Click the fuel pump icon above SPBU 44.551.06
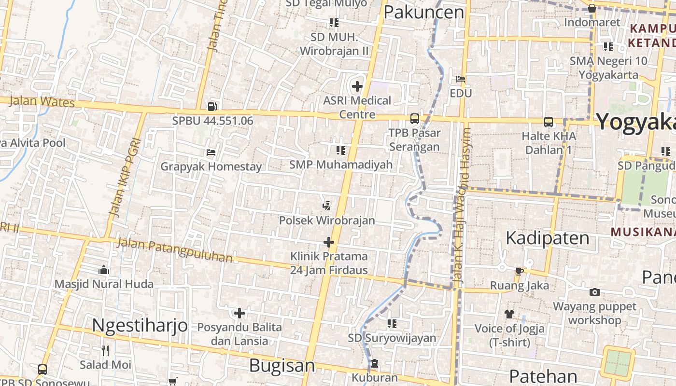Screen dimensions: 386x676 coord(212,107)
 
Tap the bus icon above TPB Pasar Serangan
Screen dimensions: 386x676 coord(414,119)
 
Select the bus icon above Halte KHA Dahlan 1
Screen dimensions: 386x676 coord(549,122)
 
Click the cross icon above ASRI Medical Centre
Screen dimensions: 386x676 coord(357,87)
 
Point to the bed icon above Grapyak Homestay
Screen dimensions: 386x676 coord(211,152)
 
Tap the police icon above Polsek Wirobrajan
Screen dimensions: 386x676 coord(327,206)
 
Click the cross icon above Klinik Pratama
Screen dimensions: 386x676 coord(329,242)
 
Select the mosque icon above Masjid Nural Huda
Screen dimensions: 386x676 coord(104,270)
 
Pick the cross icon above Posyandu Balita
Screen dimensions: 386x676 coord(239,313)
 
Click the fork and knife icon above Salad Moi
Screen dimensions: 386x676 coord(105,350)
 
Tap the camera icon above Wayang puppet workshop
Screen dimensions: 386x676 coord(595,292)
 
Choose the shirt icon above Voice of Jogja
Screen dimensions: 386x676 coord(509,314)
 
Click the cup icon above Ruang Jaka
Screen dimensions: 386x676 coord(520,271)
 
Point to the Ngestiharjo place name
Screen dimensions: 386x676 coord(140,325)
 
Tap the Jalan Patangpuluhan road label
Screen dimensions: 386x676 coord(175,250)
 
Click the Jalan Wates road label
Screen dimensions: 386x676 coord(42,101)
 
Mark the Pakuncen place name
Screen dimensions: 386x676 coord(423,13)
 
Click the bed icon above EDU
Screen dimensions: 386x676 coord(461,79)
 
